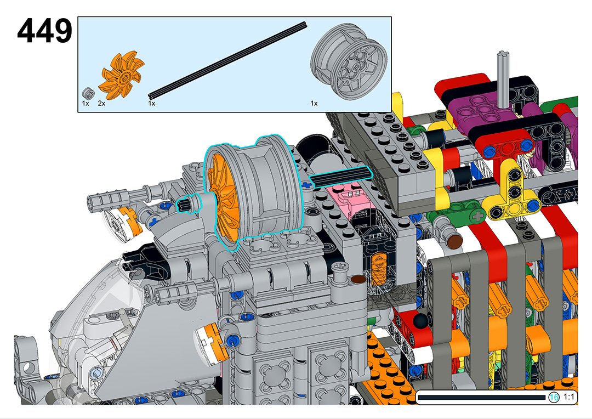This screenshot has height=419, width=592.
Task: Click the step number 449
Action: pos(44,31)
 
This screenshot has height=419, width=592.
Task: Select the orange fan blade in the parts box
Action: pos(121,72)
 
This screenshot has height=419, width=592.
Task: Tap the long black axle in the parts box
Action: pos(227,60)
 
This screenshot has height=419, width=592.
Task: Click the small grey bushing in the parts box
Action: pos(88,93)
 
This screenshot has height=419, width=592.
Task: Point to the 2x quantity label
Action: pos(101,103)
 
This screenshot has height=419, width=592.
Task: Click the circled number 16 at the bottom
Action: pos(554,397)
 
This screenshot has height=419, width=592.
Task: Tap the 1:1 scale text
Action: pos(568,397)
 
